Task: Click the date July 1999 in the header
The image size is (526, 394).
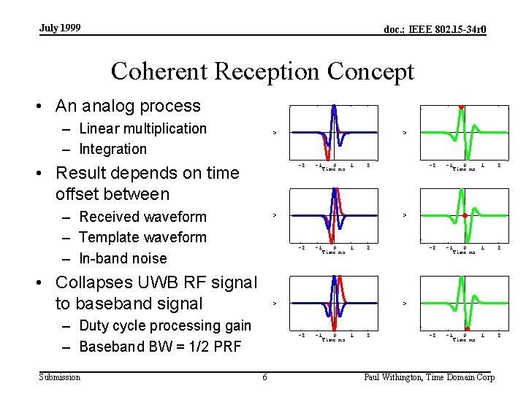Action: click(60, 28)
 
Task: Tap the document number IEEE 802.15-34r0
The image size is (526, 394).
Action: click(435, 30)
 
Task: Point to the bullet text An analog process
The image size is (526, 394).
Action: click(127, 106)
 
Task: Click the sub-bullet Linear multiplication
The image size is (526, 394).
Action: click(142, 128)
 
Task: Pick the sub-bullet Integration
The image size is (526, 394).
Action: click(113, 149)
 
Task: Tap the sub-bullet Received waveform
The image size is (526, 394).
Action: click(142, 217)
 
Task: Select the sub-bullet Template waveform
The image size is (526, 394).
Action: click(142, 237)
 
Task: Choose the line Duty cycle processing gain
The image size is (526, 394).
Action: click(164, 325)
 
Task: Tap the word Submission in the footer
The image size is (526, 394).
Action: click(60, 376)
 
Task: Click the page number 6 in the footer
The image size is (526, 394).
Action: click(264, 377)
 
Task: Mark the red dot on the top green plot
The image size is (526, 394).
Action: click(461, 107)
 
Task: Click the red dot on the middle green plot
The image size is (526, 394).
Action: click(465, 216)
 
